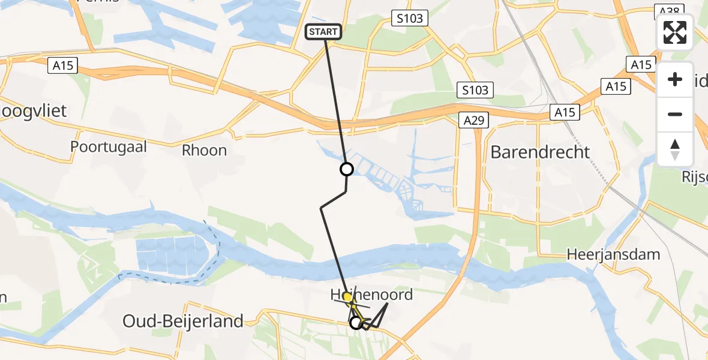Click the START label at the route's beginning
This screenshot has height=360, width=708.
[324, 31]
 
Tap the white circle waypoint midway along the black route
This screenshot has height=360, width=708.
[346, 169]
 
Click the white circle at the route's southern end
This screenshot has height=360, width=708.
[356, 323]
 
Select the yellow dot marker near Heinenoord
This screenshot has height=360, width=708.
[347, 297]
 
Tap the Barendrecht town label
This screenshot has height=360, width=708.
[540, 152]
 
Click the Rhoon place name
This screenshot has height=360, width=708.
[205, 150]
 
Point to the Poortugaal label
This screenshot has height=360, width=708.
[109, 147]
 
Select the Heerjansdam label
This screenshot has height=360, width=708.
[613, 254]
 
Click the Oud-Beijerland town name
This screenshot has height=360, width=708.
[183, 321]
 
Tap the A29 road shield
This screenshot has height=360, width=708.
[475, 121]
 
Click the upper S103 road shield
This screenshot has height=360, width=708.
[410, 18]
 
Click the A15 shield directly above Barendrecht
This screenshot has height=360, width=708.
[565, 112]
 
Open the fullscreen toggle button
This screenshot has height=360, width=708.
[675, 32]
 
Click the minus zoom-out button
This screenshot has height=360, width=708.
[675, 114]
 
